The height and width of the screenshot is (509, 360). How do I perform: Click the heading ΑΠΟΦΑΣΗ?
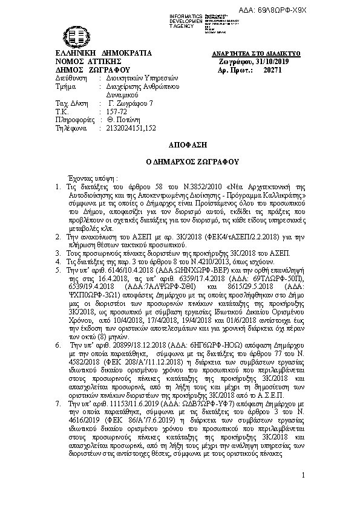[180, 146]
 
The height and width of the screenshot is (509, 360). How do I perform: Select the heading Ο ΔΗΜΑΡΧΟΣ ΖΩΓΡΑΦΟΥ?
[180, 163]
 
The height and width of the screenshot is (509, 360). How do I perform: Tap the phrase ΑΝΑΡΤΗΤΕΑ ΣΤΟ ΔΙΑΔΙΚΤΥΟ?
[267, 54]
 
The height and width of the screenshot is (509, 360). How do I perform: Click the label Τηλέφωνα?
[71, 129]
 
